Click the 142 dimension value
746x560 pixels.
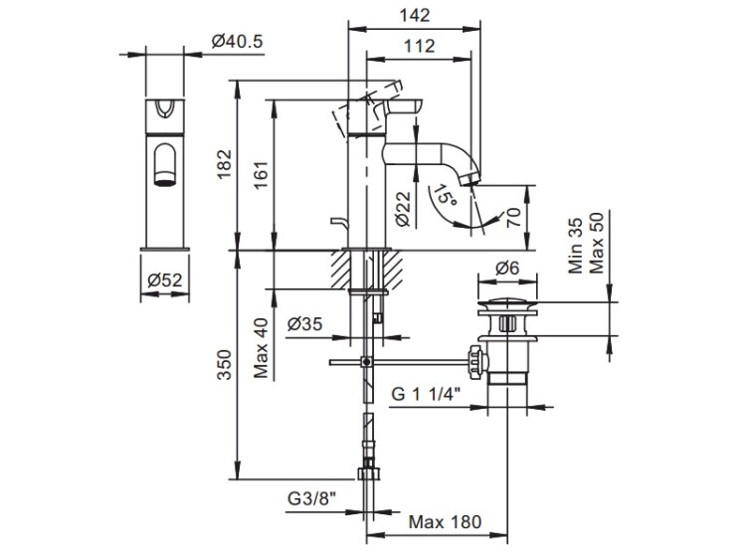click(415, 15)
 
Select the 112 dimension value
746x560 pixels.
click(419, 46)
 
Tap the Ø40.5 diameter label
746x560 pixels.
click(237, 42)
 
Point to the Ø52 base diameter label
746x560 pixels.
click(164, 280)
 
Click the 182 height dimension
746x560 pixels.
click(224, 165)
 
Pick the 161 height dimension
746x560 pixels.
click(261, 175)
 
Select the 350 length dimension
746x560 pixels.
click(224, 364)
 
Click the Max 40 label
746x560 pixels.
click(261, 348)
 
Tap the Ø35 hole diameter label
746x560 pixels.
click(305, 324)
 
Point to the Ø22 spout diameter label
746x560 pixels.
click(403, 209)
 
